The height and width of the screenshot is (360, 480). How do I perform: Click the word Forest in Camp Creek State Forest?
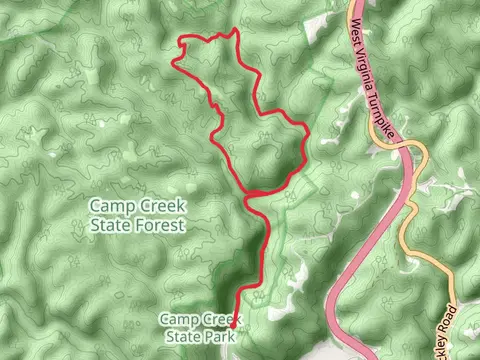(x=161, y=226)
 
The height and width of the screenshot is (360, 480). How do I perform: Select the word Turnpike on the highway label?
(x=393, y=115)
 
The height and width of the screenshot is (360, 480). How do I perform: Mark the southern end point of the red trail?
(x=233, y=326)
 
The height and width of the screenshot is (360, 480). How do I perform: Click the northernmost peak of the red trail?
(x=234, y=31)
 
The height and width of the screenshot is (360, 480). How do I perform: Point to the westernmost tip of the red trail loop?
(x=173, y=63)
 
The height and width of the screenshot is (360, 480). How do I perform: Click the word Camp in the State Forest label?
(x=109, y=206)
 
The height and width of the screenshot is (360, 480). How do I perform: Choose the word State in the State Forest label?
(x=111, y=226)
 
